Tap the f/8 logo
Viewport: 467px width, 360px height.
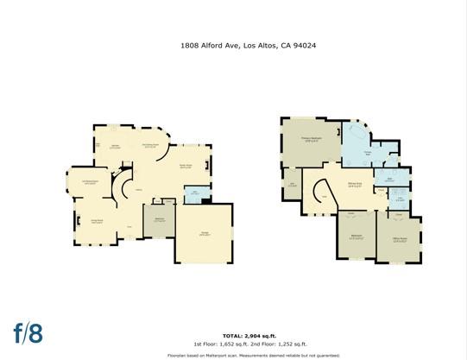click(x=28, y=331)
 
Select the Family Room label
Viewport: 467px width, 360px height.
click(x=185, y=167)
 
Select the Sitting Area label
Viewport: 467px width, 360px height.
click(x=354, y=184)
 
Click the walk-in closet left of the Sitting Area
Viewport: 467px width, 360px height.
click(x=292, y=184)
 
